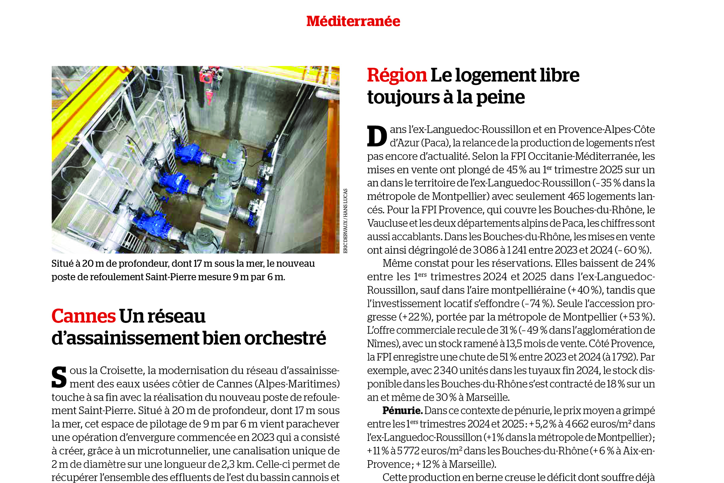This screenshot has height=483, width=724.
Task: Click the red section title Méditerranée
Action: (x=353, y=21)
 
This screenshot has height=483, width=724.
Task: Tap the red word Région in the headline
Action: (x=397, y=75)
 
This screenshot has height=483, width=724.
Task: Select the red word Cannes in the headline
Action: (x=83, y=316)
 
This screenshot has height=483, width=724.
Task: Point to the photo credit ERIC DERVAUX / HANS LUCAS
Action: (x=345, y=221)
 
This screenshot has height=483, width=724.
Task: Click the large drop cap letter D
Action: (x=377, y=136)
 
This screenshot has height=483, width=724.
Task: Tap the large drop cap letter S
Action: (x=59, y=377)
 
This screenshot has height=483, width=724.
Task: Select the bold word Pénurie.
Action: (x=402, y=411)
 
